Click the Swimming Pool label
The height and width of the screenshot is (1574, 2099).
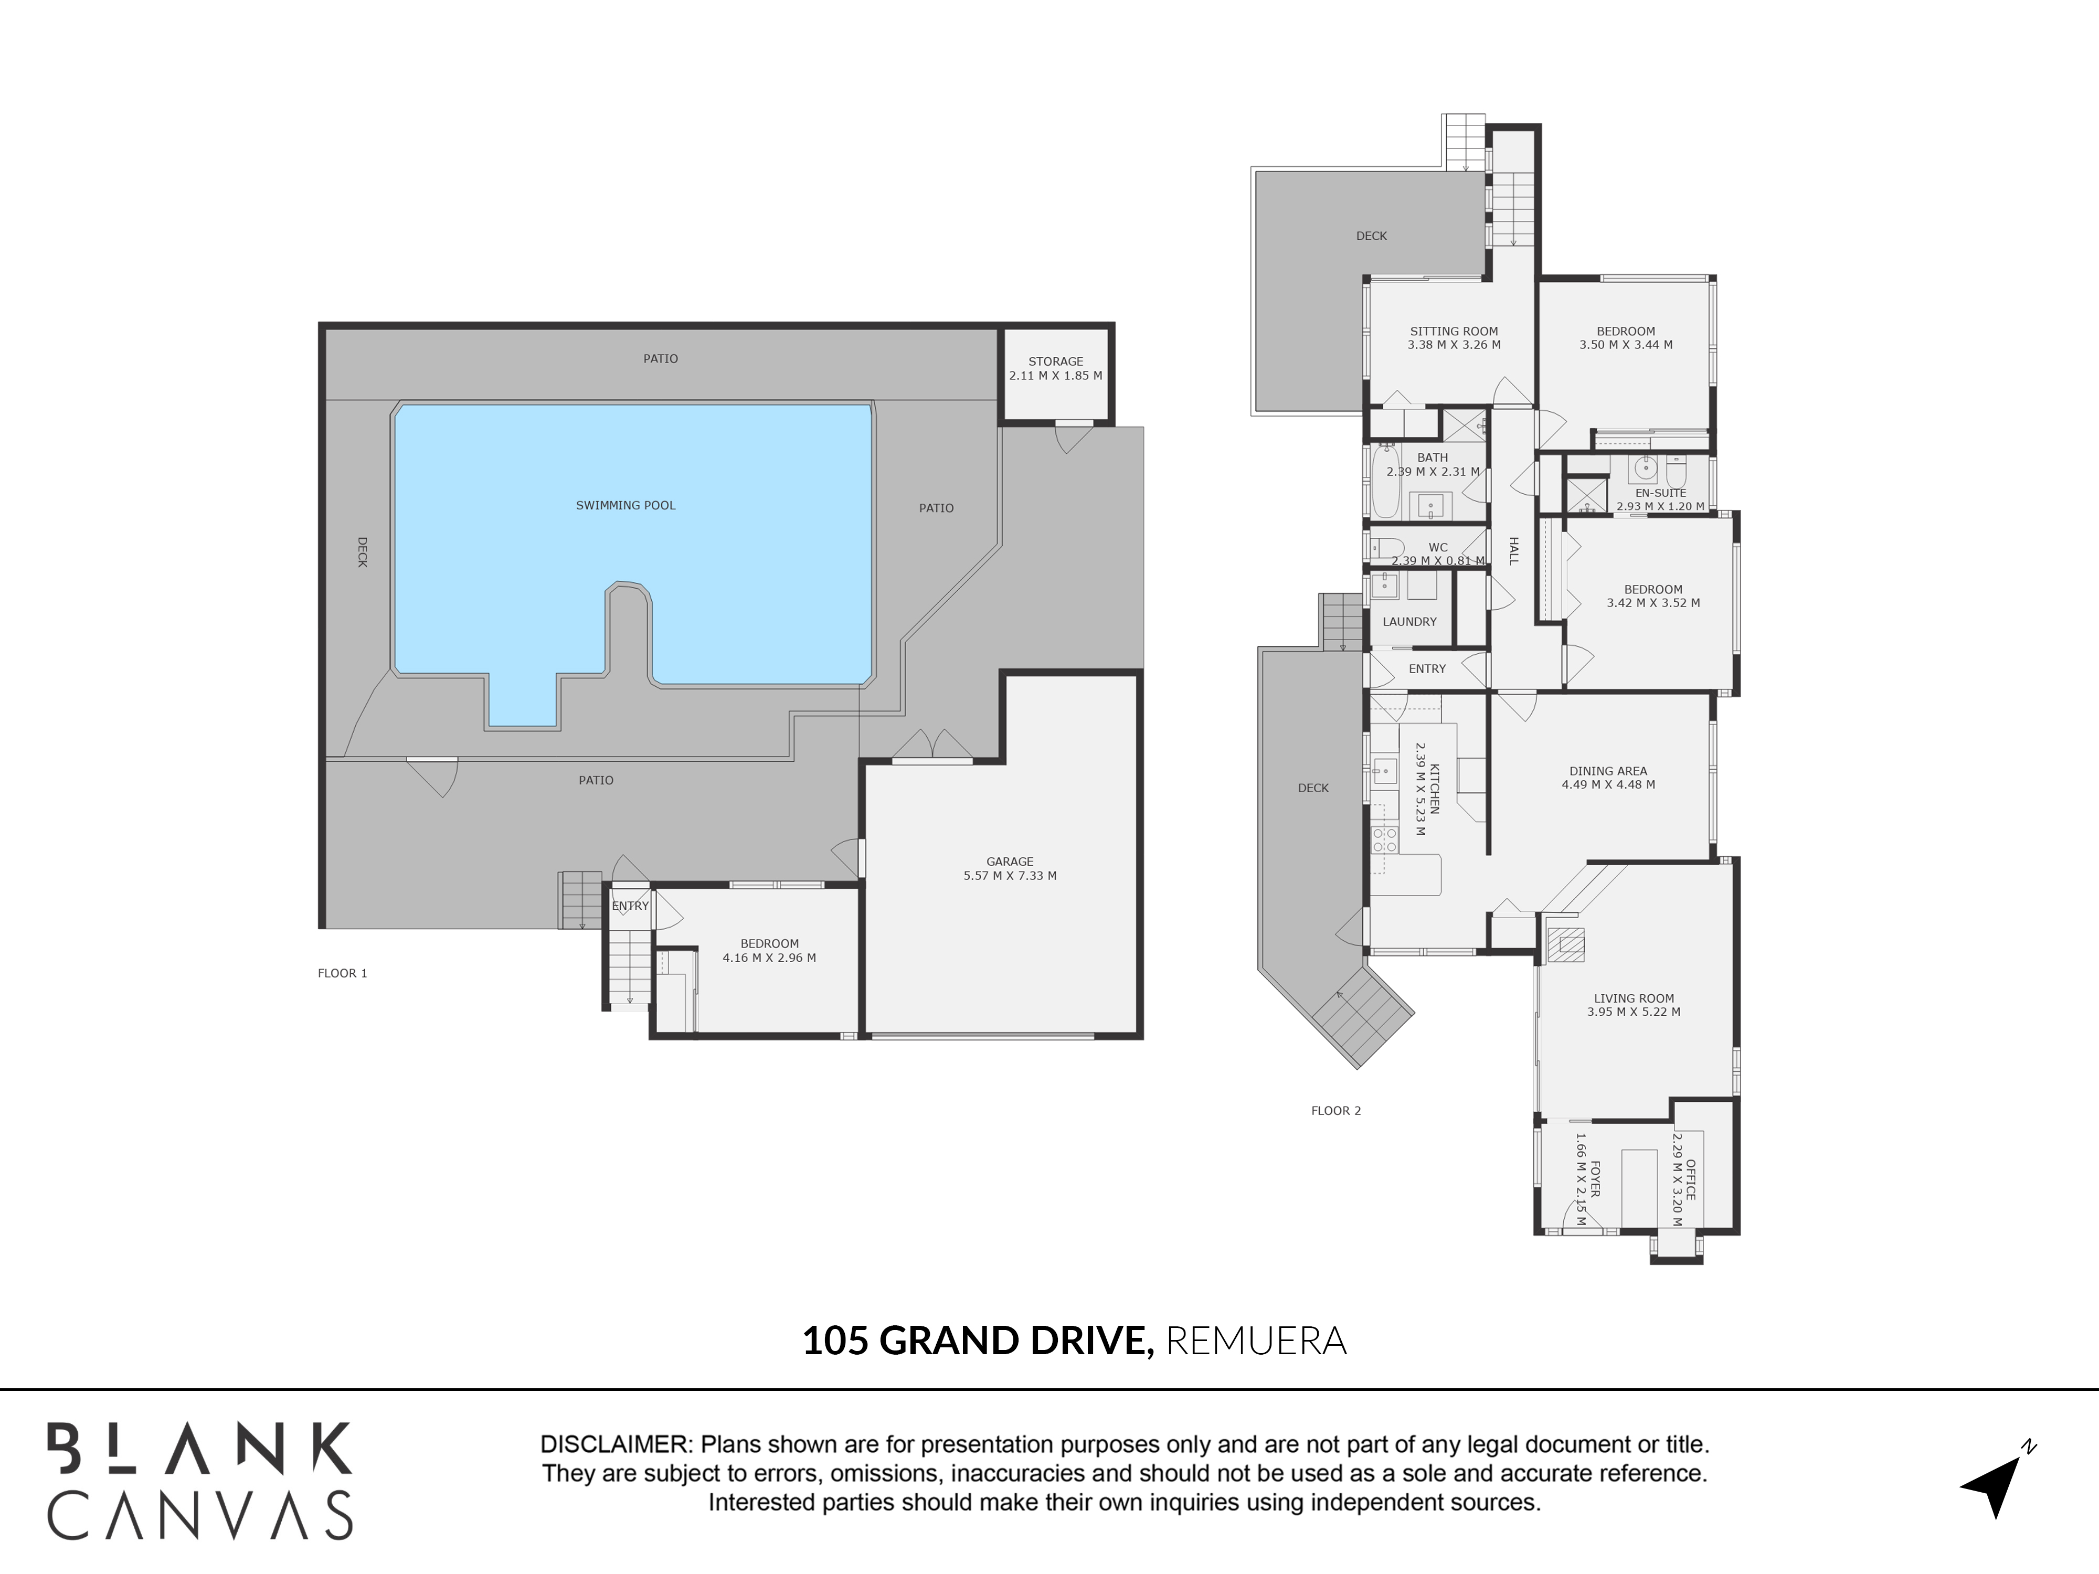point(626,506)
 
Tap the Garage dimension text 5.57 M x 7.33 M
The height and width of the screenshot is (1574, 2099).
point(1010,876)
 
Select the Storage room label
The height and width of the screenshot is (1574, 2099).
point(1055,361)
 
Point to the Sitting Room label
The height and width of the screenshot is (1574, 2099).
point(1454,332)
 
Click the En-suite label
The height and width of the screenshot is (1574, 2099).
point(1661,493)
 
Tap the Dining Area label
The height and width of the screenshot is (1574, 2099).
point(1608,771)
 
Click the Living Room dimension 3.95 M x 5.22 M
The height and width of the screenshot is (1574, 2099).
point(1634,1012)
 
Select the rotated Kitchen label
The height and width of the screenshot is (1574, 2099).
point(1435,789)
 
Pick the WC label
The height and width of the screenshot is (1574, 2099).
point(1438,547)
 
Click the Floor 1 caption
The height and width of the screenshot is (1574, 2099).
point(343,973)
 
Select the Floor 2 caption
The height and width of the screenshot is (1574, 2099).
point(1336,1111)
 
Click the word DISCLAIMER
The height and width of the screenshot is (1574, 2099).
point(615,1445)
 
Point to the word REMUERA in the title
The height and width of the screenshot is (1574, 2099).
point(1256,1341)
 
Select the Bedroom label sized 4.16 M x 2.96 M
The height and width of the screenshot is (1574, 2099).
point(770,944)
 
